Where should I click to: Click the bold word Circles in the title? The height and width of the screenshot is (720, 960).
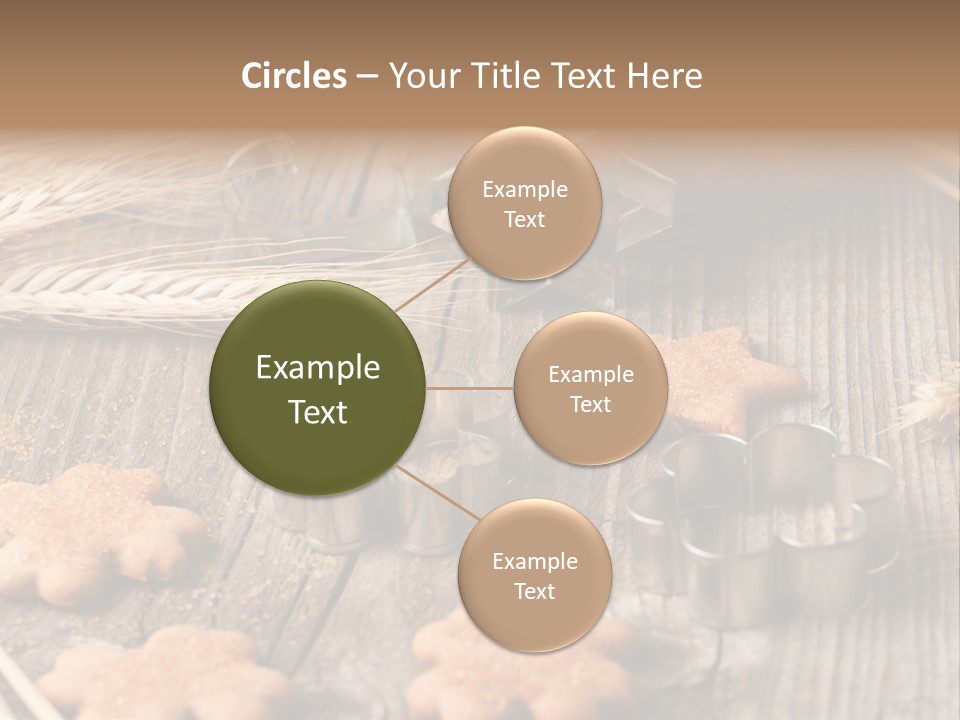293,76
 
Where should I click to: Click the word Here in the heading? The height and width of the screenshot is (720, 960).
665,76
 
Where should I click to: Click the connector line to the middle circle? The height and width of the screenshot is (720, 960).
470,388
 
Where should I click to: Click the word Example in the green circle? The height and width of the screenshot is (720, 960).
318,368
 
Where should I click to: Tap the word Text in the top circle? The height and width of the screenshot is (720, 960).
524,220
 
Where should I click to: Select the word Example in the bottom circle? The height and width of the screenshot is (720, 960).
534,561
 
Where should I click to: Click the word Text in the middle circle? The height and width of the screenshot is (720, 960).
590,404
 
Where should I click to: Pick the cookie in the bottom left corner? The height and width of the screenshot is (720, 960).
150,675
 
